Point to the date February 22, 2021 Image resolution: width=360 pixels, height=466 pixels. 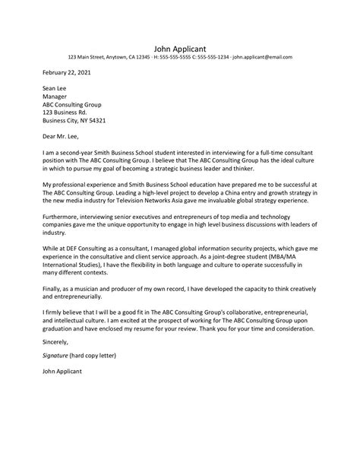67,73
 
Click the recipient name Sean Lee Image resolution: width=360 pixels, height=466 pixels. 55,89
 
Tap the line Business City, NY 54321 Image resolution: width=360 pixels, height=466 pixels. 74,120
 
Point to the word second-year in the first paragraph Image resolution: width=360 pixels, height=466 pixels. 77,152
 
